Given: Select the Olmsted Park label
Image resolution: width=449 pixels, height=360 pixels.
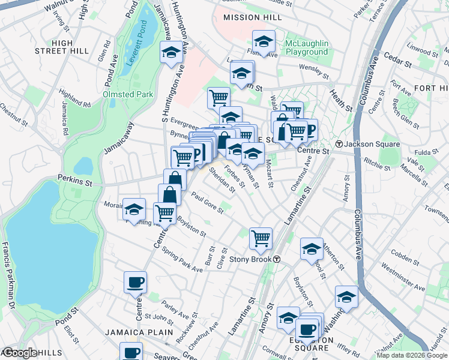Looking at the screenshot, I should click(128, 94).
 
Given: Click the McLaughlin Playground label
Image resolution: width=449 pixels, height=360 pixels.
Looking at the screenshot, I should click(307, 47).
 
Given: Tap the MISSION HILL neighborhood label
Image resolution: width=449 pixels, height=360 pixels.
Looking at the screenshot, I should click(252, 18).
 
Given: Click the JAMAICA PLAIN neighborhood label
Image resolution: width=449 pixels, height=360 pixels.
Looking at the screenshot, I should click(139, 332).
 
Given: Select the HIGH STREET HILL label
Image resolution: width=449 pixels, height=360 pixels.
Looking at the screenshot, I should click(59, 47).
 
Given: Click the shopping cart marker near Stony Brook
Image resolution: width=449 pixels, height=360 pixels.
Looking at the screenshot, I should click(261, 238).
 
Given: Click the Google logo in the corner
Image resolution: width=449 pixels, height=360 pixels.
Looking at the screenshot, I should click(20, 353).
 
